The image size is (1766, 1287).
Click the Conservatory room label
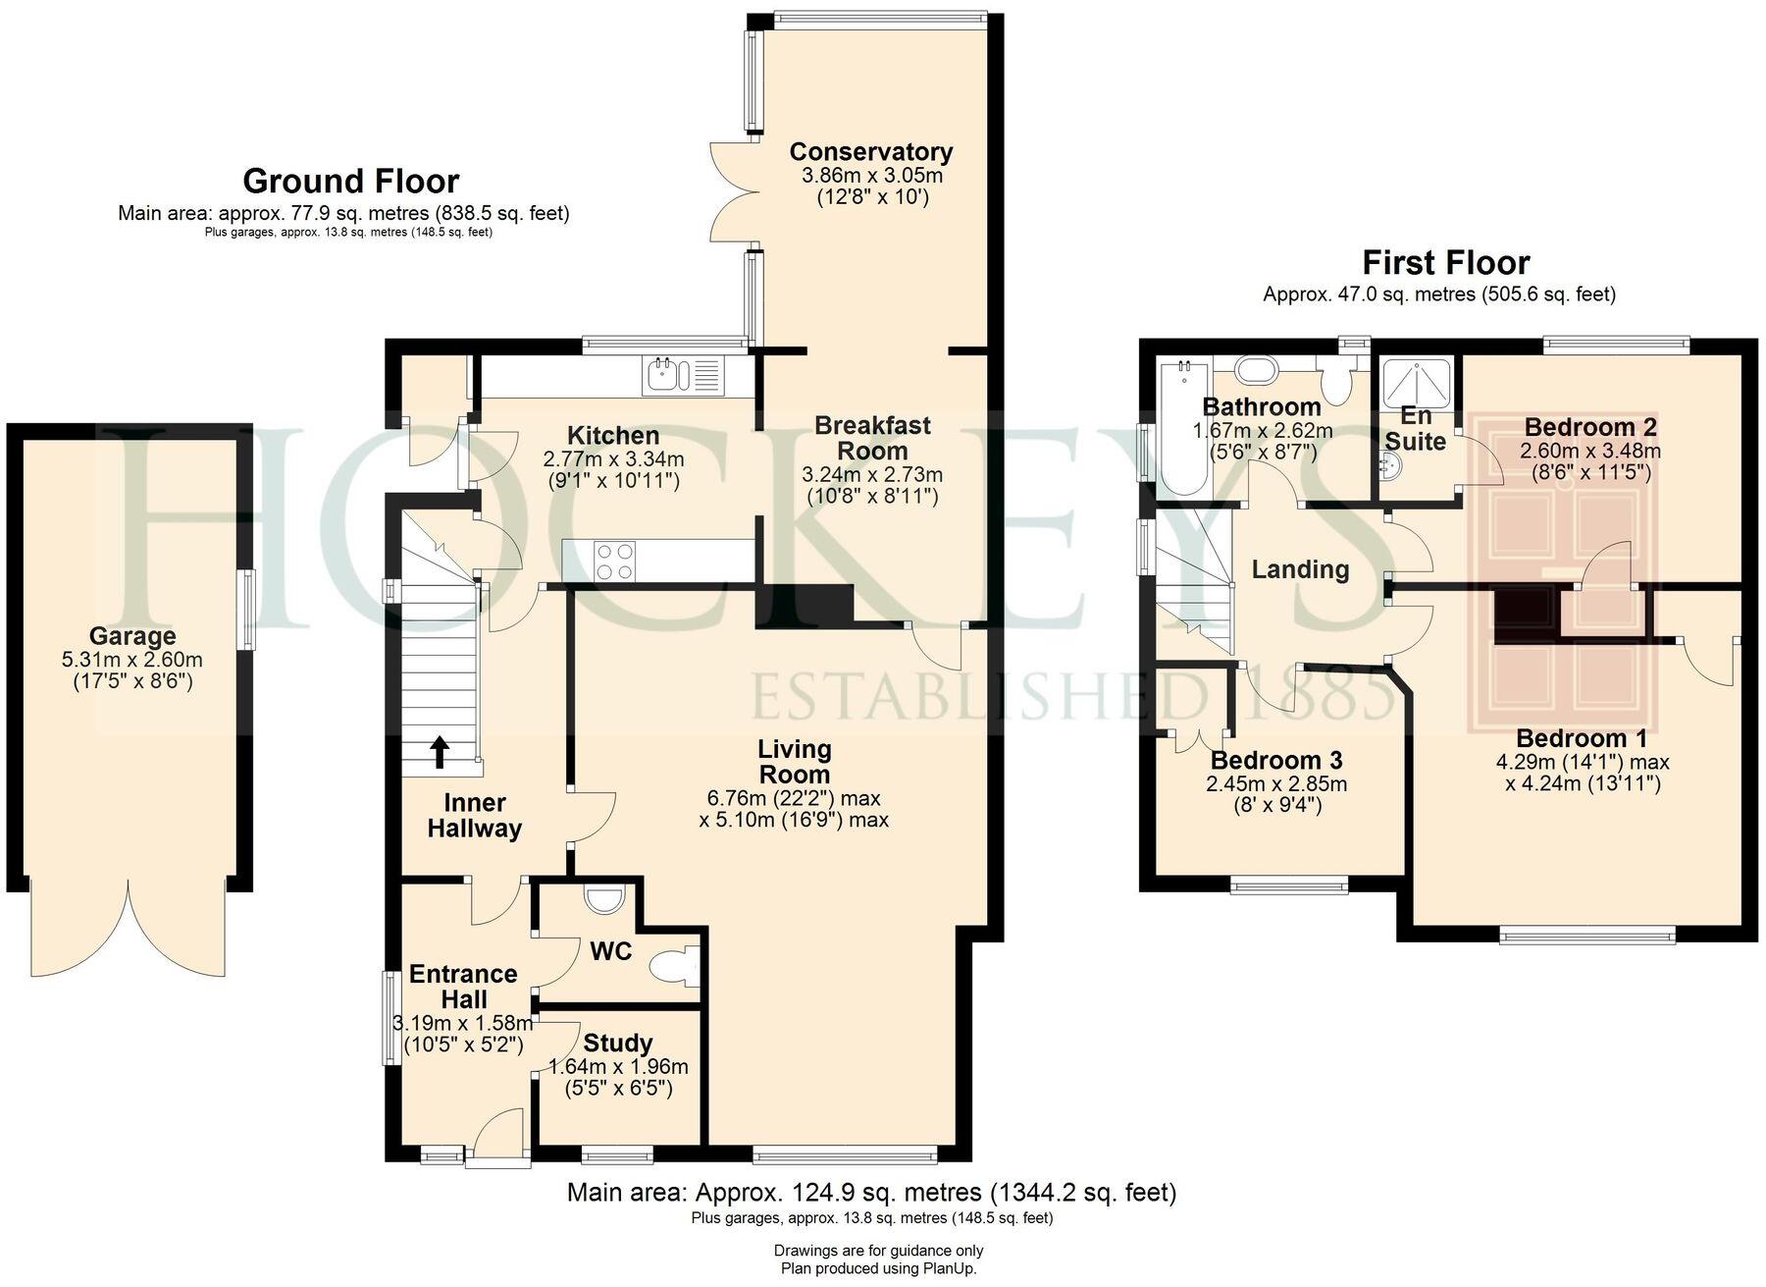tap(870, 152)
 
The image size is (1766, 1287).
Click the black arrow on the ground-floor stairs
tap(440, 752)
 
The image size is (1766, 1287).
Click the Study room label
tap(617, 1043)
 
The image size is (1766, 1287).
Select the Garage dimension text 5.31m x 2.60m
tap(131, 660)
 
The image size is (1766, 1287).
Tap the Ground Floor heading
tap(350, 182)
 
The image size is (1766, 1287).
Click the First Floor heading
tap(1445, 263)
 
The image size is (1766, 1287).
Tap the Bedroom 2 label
tap(1590, 427)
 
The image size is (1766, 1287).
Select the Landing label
tap(1300, 569)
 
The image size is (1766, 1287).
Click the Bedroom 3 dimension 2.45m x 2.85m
tap(1275, 784)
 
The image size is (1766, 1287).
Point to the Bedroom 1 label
tap(1582, 738)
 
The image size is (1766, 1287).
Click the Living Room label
tap(794, 762)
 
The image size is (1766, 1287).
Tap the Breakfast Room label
tap(872, 438)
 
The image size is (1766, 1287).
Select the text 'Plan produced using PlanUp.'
tap(878, 1268)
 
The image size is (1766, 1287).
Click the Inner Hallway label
tap(474, 815)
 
